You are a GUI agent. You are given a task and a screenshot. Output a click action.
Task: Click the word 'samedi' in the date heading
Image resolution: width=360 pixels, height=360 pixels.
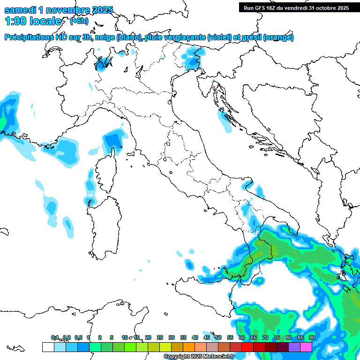point(20,10)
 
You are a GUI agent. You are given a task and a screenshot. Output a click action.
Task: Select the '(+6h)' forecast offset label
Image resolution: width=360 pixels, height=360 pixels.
point(79,21)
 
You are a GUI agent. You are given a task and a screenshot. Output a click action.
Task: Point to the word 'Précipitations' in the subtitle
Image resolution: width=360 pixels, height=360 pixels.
point(30,37)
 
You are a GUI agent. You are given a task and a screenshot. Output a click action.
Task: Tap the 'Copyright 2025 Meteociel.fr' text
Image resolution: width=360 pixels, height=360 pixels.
point(199,357)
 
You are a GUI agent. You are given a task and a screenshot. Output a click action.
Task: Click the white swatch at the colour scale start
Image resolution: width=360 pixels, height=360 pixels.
point(48,347)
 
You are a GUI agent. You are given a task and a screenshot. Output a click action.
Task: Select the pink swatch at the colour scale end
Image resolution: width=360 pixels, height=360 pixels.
point(306,347)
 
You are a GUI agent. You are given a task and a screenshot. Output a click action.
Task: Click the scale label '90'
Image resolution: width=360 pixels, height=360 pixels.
point(312,337)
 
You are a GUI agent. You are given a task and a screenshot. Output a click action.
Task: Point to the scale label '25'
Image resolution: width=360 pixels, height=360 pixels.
point(160,337)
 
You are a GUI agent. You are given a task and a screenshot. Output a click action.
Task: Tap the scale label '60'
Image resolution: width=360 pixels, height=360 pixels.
point(242,337)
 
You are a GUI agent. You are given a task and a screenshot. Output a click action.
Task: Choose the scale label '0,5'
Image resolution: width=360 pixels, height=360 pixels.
point(78,337)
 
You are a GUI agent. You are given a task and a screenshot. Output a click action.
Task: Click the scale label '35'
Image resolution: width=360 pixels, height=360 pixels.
point(183,337)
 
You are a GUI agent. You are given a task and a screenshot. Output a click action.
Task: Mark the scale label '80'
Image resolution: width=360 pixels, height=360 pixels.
point(289,337)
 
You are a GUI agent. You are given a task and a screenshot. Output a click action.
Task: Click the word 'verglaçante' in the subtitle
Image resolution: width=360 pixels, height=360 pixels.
point(184,37)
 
